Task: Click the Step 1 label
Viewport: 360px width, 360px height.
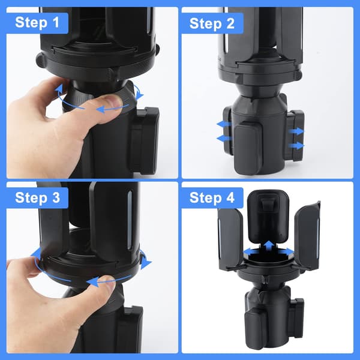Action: click(x=37, y=22)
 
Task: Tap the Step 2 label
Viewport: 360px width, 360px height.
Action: click(x=212, y=23)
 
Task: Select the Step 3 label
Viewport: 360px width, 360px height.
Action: click(x=37, y=197)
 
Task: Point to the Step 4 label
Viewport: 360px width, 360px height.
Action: click(x=212, y=197)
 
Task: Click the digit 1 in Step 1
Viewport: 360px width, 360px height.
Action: click(x=55, y=22)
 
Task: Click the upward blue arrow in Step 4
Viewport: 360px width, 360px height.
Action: click(x=268, y=247)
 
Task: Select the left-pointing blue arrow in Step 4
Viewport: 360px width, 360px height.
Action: click(x=251, y=252)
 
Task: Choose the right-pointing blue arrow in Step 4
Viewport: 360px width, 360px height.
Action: click(x=286, y=252)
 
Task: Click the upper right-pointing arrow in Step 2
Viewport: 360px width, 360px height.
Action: click(x=296, y=131)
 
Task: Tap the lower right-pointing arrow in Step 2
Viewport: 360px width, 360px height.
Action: click(x=296, y=145)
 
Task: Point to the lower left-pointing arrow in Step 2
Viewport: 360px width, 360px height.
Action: click(x=224, y=139)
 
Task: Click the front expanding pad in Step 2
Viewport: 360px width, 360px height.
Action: click(x=247, y=148)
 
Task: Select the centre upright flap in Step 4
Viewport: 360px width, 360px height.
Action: click(x=268, y=216)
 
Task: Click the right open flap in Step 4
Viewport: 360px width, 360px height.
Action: click(x=307, y=236)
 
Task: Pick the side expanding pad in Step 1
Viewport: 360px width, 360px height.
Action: click(x=144, y=140)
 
